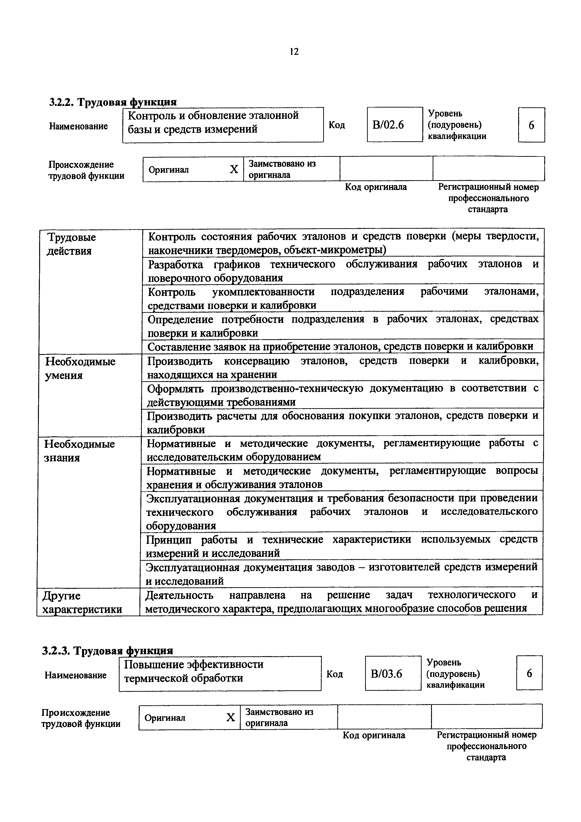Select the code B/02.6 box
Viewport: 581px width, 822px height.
click(x=394, y=125)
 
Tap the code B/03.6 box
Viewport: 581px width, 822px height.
click(x=393, y=674)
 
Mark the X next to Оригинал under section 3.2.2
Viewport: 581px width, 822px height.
click(x=234, y=169)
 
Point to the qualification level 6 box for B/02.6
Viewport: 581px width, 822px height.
click(x=531, y=125)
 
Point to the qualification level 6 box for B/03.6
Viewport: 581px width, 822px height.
click(x=529, y=674)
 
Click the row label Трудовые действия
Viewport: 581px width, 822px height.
click(x=71, y=244)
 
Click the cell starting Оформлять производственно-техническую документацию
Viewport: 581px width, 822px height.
click(x=343, y=395)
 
